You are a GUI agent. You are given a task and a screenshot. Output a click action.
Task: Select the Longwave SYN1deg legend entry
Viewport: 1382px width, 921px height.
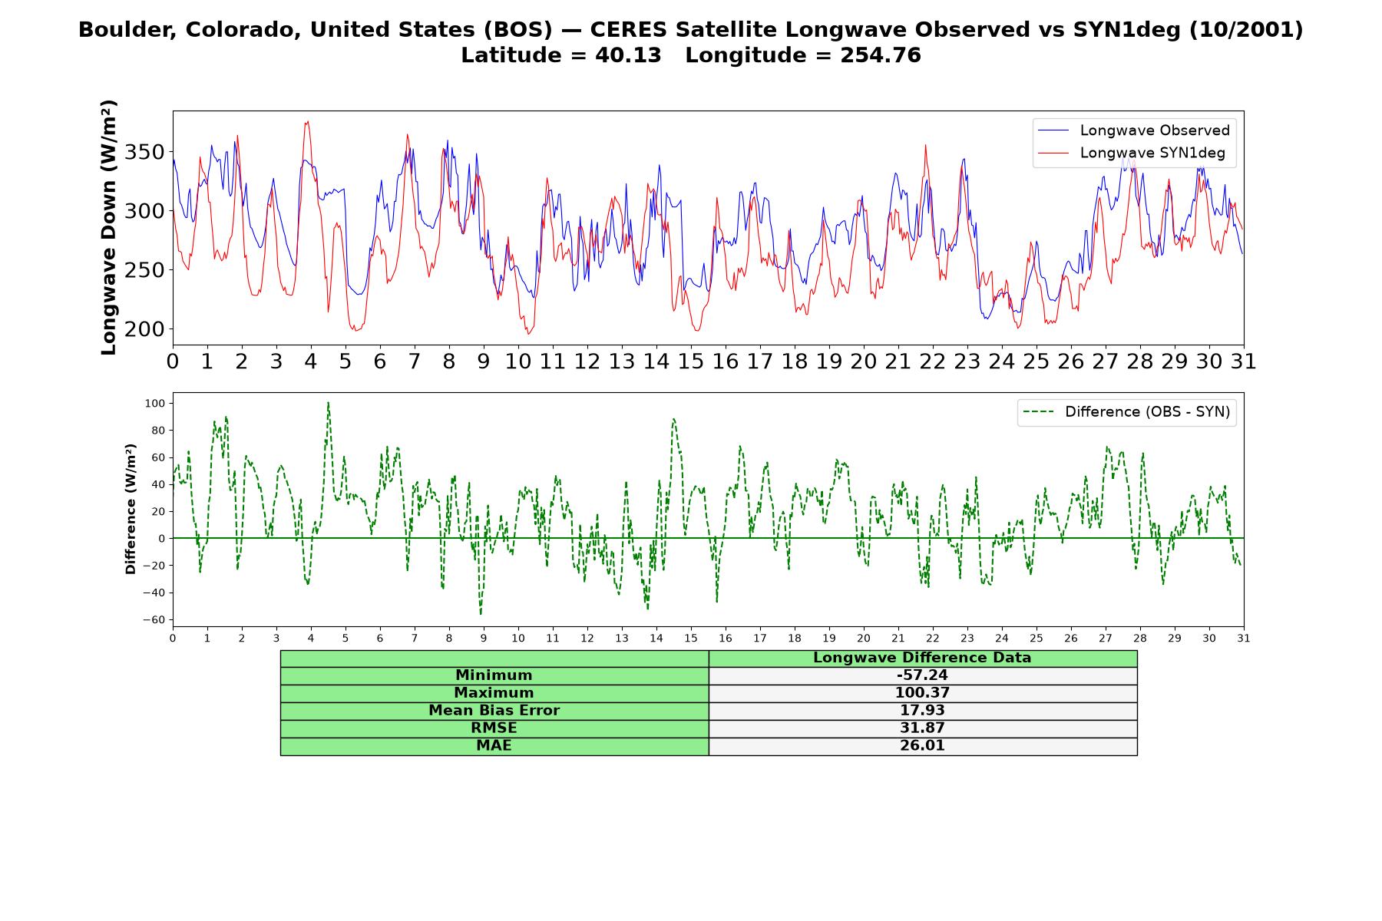coord(1132,153)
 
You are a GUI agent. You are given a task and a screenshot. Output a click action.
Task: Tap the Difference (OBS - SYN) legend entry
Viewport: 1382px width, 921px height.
coord(1126,412)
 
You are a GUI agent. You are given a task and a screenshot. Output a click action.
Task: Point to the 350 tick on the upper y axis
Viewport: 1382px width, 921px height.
coord(144,152)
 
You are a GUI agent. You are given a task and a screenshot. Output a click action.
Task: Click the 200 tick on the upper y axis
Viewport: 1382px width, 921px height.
coord(144,328)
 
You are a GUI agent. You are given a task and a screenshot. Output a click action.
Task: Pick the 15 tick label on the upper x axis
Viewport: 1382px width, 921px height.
coord(690,361)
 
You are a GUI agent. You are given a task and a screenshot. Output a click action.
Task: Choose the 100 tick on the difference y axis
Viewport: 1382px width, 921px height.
coord(155,403)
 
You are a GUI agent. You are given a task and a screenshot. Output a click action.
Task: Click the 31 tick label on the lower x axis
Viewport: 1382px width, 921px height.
coord(1244,638)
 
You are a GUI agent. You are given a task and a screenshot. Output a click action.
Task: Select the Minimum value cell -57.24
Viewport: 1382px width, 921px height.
coord(922,675)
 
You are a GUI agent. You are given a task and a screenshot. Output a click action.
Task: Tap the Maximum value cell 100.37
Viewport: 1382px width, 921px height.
coord(922,693)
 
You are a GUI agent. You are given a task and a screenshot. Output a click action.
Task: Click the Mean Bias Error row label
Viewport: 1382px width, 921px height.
coord(494,711)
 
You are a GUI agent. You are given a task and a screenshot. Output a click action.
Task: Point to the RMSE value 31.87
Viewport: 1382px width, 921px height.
coord(922,728)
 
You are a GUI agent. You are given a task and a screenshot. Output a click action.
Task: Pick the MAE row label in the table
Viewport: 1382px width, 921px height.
coord(494,746)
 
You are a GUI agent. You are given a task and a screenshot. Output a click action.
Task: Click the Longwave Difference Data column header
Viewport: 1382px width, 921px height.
coord(922,658)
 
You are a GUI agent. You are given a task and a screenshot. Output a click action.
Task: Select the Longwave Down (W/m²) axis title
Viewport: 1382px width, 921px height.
coord(109,227)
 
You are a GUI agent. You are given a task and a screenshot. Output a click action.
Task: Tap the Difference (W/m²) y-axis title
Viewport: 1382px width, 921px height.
coord(131,509)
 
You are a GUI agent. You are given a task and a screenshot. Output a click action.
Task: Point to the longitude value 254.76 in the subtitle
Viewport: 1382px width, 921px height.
coord(881,55)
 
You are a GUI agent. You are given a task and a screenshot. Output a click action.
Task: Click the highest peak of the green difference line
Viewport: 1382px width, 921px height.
coord(328,402)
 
